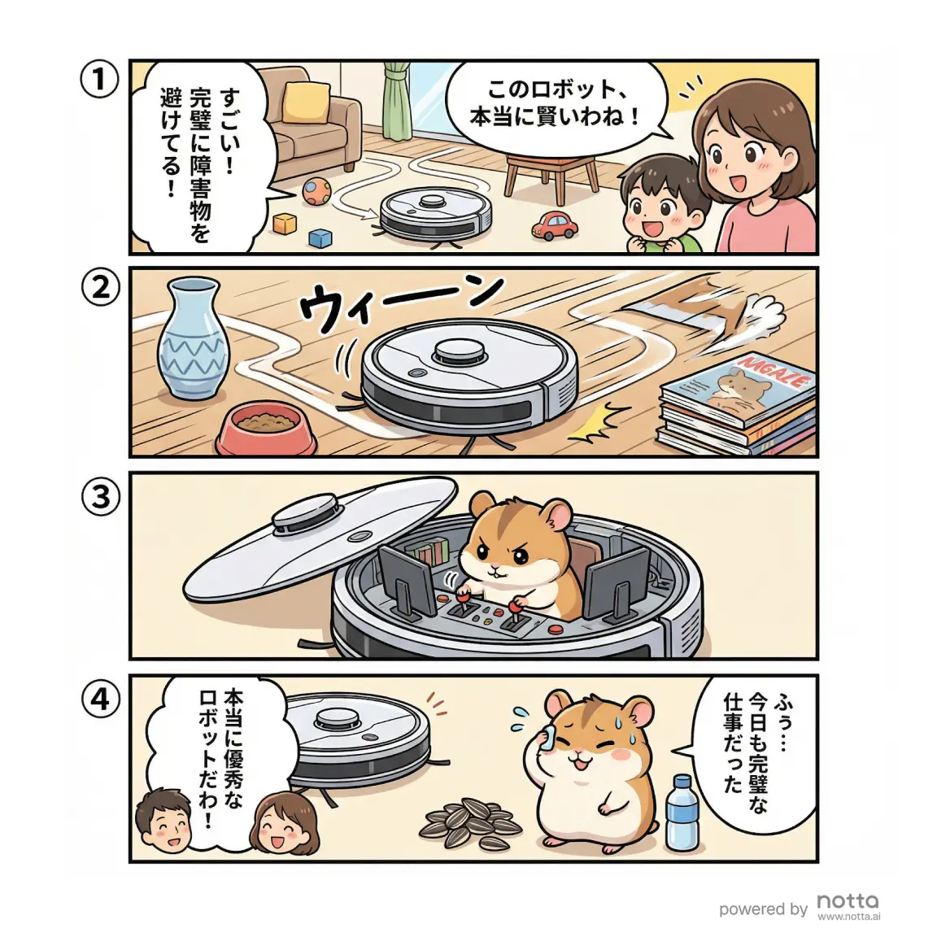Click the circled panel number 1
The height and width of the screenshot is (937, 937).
[100, 81]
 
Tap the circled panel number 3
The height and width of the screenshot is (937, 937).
[100, 495]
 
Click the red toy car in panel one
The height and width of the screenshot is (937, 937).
[555, 225]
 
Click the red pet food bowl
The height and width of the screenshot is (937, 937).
[266, 432]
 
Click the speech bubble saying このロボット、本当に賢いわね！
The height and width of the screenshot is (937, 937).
[553, 102]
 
